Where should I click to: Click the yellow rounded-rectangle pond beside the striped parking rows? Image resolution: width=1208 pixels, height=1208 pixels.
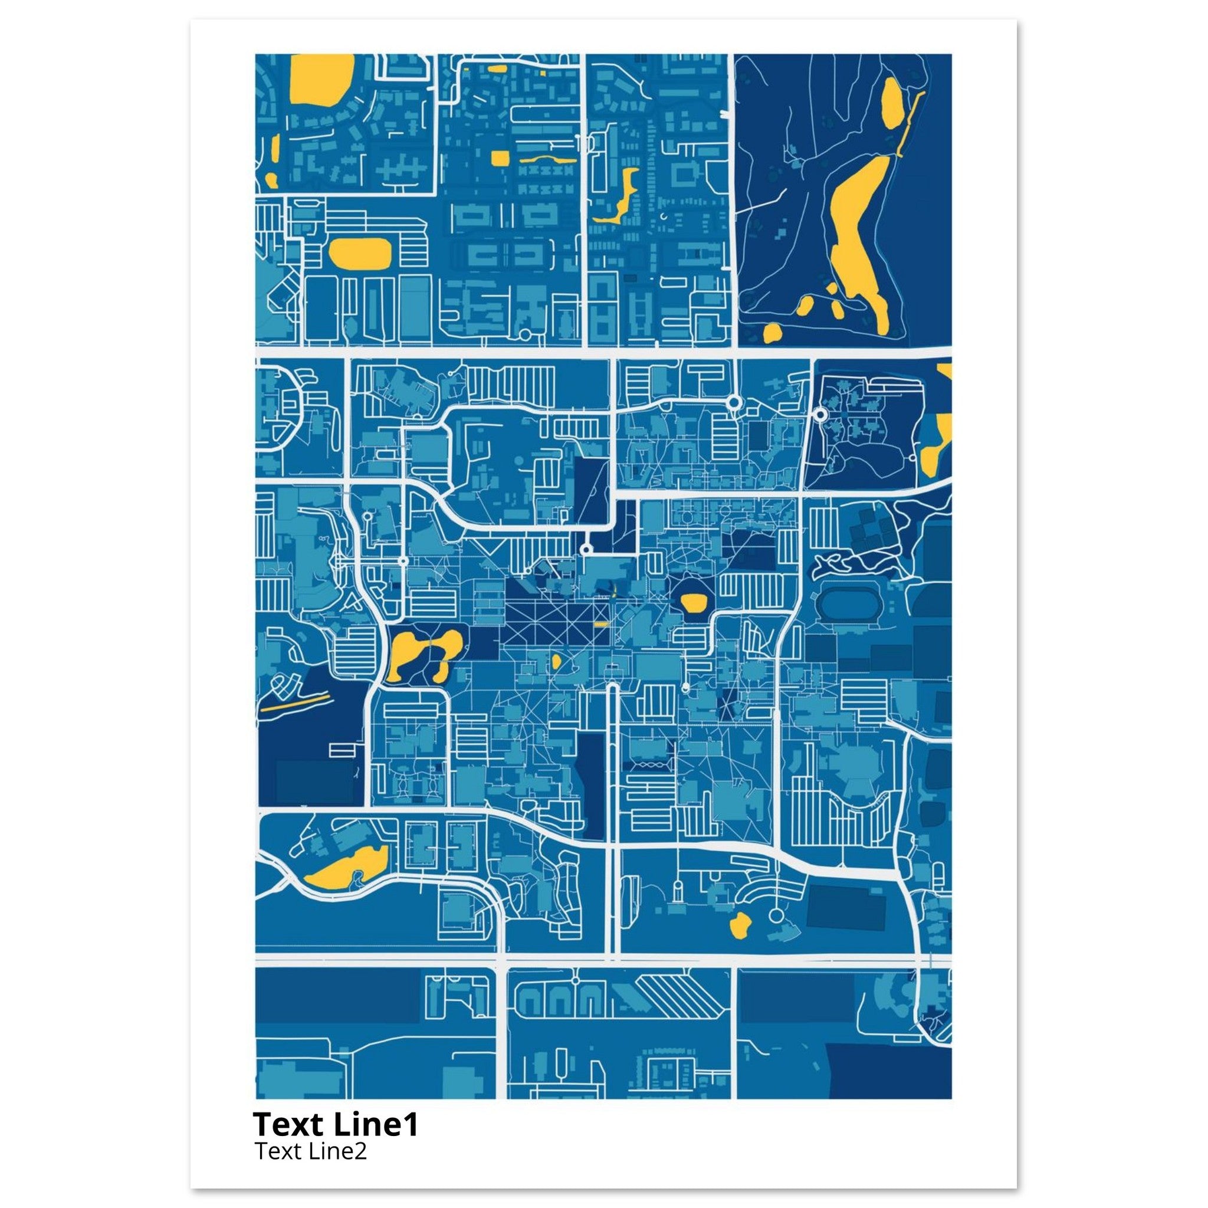pos(360,252)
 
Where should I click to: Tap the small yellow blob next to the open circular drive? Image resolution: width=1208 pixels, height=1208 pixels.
pos(740,924)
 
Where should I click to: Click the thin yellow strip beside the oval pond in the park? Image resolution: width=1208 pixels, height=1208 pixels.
pos(910,123)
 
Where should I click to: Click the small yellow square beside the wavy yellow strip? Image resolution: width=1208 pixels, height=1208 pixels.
pos(500,158)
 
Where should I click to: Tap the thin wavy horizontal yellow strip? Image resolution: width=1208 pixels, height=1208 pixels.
pos(548,159)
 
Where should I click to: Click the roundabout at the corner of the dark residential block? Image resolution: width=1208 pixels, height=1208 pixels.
pos(820,415)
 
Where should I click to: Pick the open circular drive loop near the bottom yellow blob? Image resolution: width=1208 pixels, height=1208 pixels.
pos(776,916)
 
